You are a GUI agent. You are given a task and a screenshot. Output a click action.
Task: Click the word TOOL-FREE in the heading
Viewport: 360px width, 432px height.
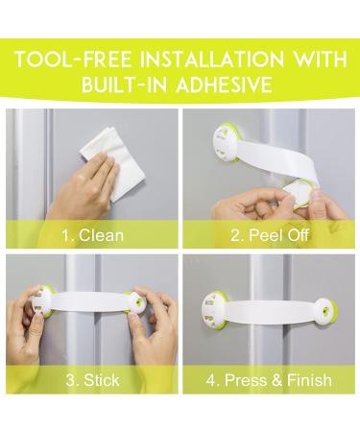coord(74,60)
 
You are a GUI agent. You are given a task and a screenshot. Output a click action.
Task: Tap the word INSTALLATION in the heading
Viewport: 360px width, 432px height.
coord(212,60)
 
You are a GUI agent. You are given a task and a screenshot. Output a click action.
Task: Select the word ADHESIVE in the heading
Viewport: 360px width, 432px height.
coord(225,84)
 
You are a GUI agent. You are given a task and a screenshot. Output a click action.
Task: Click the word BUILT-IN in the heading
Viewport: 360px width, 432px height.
coord(125,84)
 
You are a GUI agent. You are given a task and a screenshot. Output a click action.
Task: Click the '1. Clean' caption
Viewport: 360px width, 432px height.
coord(92,235)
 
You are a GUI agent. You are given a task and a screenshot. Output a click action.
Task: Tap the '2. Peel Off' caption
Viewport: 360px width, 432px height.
coord(270,235)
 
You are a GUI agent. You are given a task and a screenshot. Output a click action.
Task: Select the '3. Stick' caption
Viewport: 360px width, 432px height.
coord(92,380)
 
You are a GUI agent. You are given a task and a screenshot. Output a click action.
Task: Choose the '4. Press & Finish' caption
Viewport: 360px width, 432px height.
coord(269,380)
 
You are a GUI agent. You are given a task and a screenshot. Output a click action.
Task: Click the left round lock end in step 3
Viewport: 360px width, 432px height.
coord(42,301)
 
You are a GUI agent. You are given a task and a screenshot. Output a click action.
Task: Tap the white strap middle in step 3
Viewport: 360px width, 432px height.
coord(93,302)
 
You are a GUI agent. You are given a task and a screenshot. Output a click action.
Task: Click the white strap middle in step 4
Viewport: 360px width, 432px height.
coord(272,309)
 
